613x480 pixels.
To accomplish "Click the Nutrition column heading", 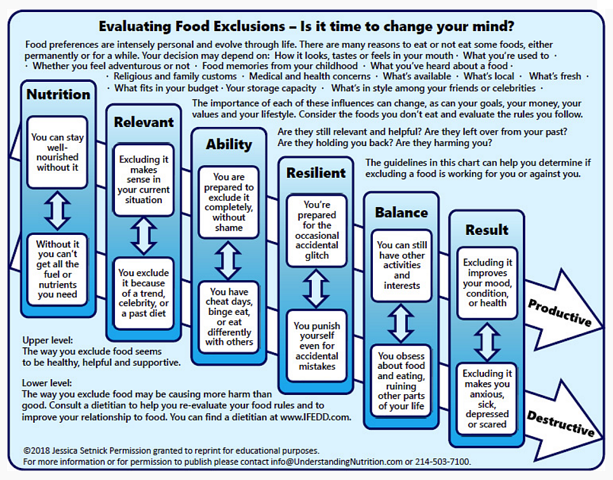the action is coord(58,94).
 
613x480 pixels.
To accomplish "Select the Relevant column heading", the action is coord(144,122).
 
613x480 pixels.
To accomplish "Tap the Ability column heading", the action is coord(229,145).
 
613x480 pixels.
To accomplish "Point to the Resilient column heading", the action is coord(316,173).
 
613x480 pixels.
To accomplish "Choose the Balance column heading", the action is coord(401,212).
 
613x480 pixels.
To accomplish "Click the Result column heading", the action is coord(487,230).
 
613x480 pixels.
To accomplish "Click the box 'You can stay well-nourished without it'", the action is coord(57,152).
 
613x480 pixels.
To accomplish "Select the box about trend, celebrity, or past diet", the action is coord(144,293).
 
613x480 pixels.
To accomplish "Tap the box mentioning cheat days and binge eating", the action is coord(229,317).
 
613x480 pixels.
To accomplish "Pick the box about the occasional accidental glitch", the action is coord(317,230).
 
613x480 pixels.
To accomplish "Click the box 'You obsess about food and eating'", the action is coord(401,381).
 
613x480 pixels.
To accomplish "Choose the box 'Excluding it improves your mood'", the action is coord(487,283).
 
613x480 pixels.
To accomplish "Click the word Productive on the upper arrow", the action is coord(560,313).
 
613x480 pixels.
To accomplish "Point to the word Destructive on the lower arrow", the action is coord(561,423).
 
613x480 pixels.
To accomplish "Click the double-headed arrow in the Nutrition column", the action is coord(57,211).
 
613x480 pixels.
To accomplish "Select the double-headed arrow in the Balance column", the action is coord(401,323).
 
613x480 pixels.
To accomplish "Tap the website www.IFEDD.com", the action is coord(315,417).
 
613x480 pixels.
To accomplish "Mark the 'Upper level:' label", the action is coord(47,340).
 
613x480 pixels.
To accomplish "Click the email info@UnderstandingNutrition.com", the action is coord(337,462).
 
